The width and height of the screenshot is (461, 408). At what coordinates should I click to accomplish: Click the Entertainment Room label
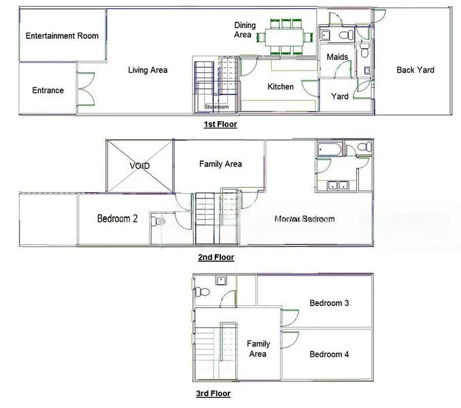62,36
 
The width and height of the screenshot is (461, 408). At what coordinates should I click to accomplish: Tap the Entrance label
48,90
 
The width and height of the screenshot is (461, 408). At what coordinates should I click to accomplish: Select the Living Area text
148,70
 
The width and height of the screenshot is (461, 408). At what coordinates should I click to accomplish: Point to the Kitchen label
280,86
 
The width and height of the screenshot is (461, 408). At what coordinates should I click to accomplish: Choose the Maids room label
337,56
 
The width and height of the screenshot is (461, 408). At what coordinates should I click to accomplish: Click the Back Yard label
415,70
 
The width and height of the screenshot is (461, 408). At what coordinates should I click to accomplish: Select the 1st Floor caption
220,124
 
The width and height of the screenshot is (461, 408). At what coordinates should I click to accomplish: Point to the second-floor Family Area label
220,164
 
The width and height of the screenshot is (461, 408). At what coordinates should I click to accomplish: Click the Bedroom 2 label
117,219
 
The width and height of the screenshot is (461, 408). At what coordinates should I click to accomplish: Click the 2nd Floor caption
216,257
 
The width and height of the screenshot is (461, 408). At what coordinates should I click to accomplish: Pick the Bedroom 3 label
329,303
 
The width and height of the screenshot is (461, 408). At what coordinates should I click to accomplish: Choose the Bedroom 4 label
329,354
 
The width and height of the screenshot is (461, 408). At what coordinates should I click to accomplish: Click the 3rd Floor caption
213,393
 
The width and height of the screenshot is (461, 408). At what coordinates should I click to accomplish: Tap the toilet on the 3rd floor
201,292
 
